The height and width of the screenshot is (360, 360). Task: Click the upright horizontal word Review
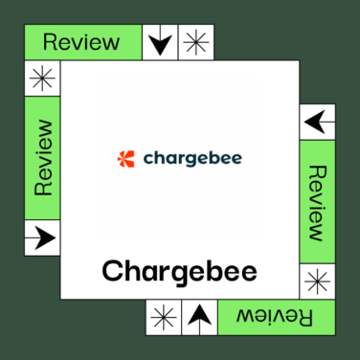(82, 41)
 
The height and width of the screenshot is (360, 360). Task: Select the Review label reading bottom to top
(42, 158)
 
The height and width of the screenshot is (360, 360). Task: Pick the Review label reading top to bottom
(318, 202)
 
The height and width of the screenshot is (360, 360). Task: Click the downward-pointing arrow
(160, 42)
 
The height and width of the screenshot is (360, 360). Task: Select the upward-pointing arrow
(198, 316)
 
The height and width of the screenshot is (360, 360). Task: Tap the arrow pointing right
(41, 236)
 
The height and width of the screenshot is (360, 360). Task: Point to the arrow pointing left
(318, 122)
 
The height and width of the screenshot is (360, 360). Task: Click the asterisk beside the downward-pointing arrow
(196, 42)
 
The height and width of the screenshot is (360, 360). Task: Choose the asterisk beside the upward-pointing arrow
(163, 316)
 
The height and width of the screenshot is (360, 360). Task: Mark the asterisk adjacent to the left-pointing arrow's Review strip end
(318, 281)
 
